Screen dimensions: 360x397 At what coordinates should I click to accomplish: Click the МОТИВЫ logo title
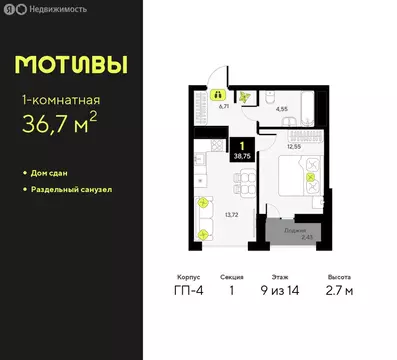(72, 66)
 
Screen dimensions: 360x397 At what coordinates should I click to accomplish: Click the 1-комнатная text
(62, 101)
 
